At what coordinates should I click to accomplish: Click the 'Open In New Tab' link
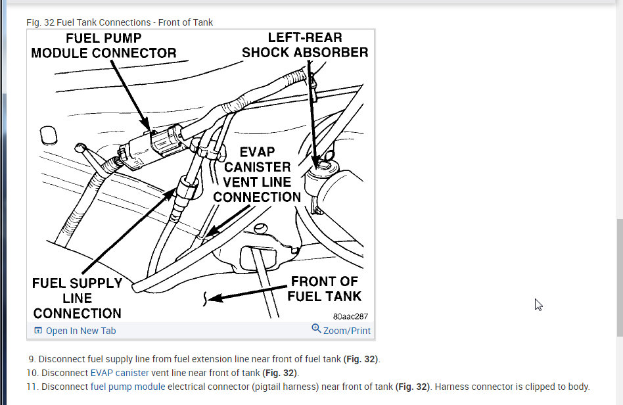(x=80, y=331)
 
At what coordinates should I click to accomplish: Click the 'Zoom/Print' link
(x=346, y=331)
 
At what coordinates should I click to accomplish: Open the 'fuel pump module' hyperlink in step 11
(x=127, y=387)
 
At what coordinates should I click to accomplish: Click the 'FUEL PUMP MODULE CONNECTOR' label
(x=103, y=46)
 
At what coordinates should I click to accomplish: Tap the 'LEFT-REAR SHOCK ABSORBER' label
(x=305, y=45)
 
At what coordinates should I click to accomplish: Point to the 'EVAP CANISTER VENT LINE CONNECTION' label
(x=257, y=174)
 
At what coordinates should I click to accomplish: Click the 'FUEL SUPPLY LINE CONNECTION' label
(x=78, y=298)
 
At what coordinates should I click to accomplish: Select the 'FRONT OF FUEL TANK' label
(x=325, y=289)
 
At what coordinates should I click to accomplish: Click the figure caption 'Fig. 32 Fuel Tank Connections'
(x=120, y=22)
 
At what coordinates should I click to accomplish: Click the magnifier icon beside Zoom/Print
(x=316, y=329)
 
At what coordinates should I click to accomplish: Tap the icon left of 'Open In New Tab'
(x=38, y=331)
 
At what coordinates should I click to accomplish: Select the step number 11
(x=32, y=387)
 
